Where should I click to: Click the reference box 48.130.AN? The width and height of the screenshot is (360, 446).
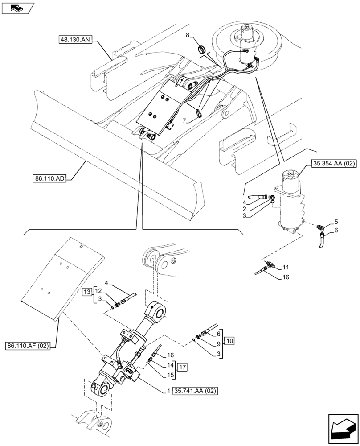click(x=75, y=40)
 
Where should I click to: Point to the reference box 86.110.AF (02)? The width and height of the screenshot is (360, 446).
click(x=29, y=345)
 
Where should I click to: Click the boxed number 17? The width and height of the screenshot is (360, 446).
click(x=182, y=367)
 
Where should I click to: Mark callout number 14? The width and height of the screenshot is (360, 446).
click(x=170, y=364)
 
